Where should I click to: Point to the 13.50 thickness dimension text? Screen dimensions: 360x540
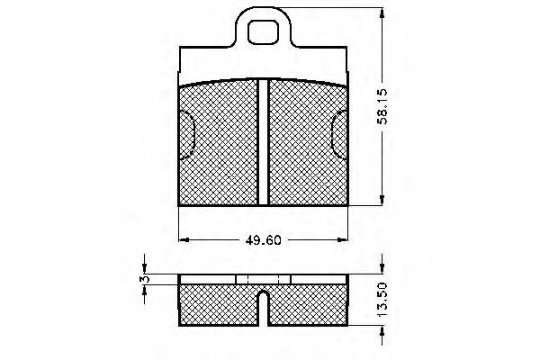click(383, 300)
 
